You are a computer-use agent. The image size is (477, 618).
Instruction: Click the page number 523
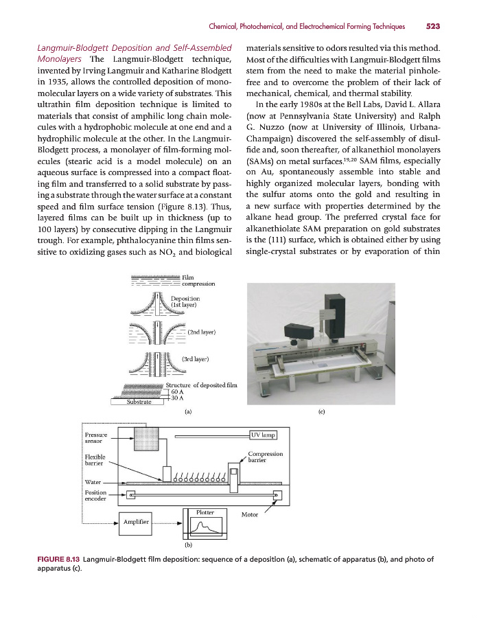pos(432,27)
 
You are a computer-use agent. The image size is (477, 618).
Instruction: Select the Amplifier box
pos(136,523)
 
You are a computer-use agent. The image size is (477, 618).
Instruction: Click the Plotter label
pos(205,512)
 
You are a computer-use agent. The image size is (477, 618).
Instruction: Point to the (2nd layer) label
pos(202,332)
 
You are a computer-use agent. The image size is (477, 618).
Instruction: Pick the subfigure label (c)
pos(322,412)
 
